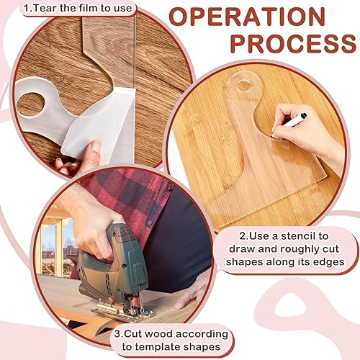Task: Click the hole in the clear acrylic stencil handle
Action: pyautogui.click(x=246, y=86)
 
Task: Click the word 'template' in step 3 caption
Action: pyautogui.click(x=156, y=349)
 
